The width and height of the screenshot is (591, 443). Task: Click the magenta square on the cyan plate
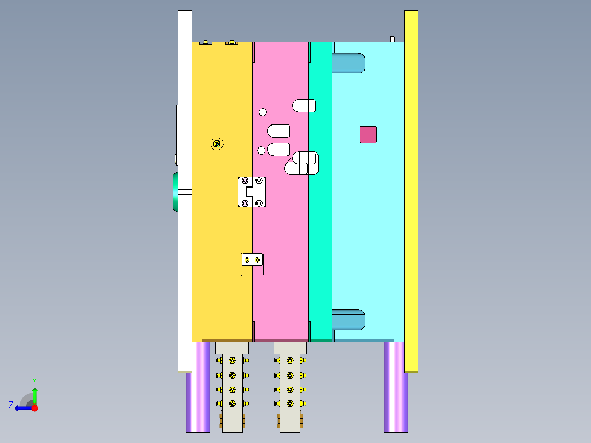point(368,134)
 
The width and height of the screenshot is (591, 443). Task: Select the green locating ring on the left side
point(175,192)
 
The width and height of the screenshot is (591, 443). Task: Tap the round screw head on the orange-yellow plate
point(217,144)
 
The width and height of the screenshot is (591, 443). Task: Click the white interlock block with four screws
point(252,192)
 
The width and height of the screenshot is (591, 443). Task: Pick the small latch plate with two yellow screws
point(252,259)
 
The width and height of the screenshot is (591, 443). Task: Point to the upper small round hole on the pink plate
point(263,112)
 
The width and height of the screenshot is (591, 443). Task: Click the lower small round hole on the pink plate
point(262,150)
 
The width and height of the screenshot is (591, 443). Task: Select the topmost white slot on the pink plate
point(304,106)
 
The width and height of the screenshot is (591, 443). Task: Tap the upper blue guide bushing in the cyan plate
point(349,64)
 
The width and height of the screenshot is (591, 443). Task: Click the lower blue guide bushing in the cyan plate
point(349,320)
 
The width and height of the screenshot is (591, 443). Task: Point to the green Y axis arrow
point(35,394)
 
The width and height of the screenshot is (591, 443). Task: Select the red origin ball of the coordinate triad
point(35,408)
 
